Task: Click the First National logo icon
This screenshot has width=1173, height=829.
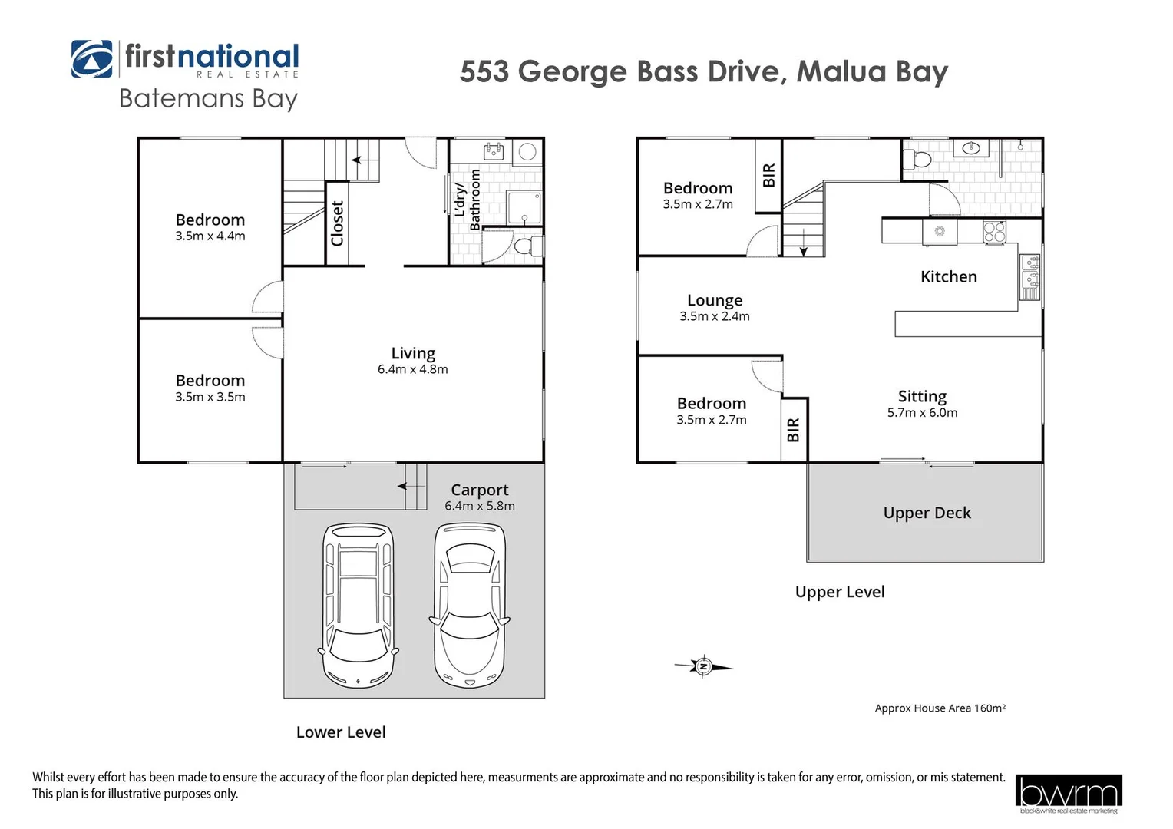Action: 91,59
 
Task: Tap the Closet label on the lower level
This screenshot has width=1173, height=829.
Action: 337,223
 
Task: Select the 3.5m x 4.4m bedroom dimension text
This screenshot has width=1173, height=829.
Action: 210,236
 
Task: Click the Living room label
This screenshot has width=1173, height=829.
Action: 413,353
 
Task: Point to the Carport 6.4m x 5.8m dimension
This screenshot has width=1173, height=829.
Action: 480,507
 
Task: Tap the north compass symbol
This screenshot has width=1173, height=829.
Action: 703,666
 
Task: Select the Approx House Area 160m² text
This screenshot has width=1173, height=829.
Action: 940,708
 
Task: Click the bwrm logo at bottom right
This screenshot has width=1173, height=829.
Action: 1068,793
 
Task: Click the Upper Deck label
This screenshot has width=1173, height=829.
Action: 927,513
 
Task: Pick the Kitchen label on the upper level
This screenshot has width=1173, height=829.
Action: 948,277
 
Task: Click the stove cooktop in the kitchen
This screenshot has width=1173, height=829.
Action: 994,231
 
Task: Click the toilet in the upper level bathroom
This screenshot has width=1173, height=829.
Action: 917,160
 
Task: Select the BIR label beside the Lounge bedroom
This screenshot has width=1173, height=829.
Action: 768,176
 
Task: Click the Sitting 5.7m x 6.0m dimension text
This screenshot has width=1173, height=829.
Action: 922,413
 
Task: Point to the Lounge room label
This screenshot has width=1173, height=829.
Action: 714,300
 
